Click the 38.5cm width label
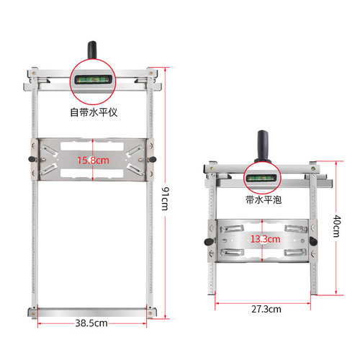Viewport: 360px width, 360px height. (x=91, y=323)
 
